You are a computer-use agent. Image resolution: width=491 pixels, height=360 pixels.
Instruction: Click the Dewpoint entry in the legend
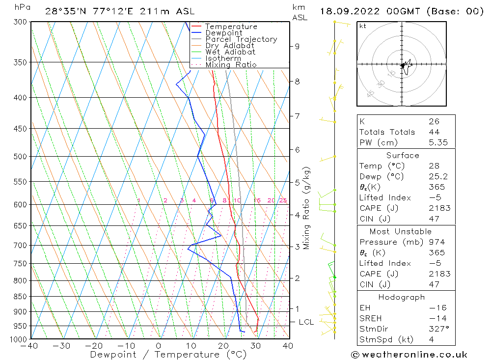coord(223,33)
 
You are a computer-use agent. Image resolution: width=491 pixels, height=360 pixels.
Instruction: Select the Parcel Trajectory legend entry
coord(241,39)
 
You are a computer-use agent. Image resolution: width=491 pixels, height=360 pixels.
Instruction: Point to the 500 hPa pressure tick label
coord(21,157)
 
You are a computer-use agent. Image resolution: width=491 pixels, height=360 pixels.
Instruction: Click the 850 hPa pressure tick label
coord(21,297)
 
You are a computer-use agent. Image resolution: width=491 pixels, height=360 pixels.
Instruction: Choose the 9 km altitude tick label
coord(297,46)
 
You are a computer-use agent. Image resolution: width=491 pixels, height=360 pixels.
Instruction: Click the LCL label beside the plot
coord(306,322)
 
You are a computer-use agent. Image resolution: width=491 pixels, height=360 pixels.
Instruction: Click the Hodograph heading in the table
coord(402,297)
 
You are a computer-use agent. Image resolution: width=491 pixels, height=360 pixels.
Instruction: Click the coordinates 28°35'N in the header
coord(65,11)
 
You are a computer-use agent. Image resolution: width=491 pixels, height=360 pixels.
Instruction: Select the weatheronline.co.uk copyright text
coord(409,355)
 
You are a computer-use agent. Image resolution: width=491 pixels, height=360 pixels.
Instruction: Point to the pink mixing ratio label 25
coord(283,200)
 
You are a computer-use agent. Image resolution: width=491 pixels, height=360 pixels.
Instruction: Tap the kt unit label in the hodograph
coord(362,26)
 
